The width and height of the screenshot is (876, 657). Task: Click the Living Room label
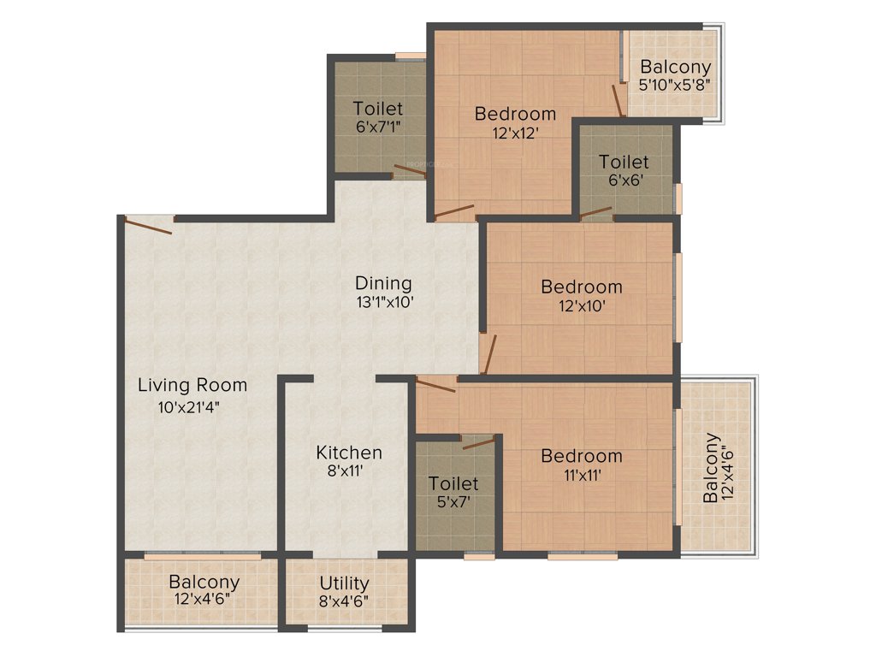(192, 385)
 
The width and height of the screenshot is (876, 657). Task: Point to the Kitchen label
(349, 453)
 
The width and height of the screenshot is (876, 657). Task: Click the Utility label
(344, 583)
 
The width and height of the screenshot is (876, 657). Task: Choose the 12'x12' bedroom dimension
(515, 133)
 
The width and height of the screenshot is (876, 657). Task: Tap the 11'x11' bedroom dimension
(581, 476)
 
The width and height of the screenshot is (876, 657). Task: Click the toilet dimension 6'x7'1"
(378, 127)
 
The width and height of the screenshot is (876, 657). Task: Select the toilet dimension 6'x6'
(624, 181)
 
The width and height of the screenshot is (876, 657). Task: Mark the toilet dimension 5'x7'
(453, 503)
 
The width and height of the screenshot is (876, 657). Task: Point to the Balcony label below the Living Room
(204, 582)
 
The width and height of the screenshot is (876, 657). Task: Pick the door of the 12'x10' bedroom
(488, 355)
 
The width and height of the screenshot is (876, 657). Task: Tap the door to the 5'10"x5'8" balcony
(618, 99)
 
